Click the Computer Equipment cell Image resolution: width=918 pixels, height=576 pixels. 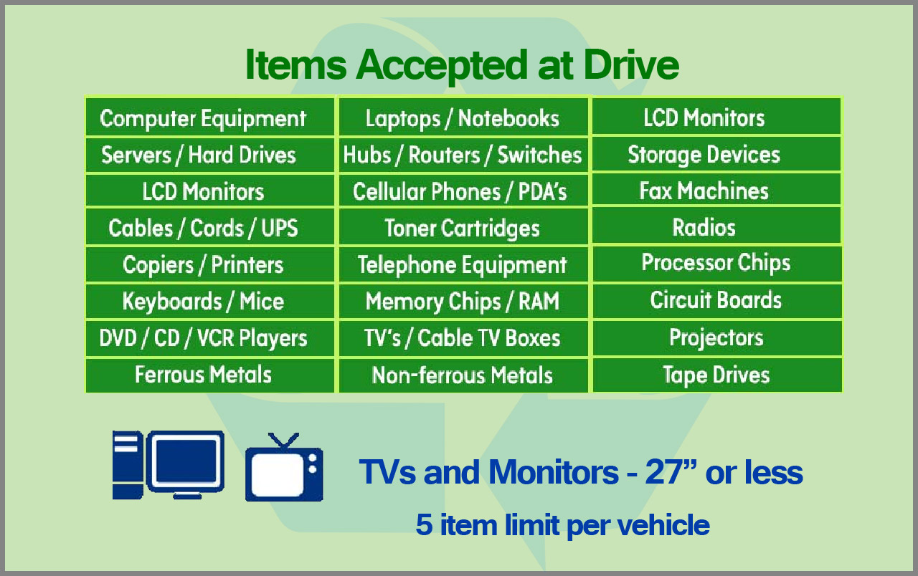pyautogui.click(x=210, y=117)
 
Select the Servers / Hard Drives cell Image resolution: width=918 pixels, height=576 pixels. pyautogui.click(x=210, y=155)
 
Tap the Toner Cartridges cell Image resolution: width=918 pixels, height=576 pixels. pyautogui.click(x=463, y=228)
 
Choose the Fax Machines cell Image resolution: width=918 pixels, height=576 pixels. pyautogui.click(x=716, y=190)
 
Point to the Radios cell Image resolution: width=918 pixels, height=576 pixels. pyautogui.click(x=716, y=226)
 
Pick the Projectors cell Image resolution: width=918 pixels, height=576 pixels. pyautogui.click(x=717, y=337)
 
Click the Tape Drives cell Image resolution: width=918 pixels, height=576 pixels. pyautogui.click(x=717, y=375)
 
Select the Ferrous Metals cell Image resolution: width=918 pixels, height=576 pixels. pyautogui.click(x=210, y=375)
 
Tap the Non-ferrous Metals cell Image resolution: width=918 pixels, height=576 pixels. pyautogui.click(x=463, y=375)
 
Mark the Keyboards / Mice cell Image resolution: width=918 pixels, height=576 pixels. pyautogui.click(x=210, y=301)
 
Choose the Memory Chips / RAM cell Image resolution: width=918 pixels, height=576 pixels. pyautogui.click(x=463, y=301)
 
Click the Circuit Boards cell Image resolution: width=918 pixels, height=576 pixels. pyautogui.click(x=717, y=300)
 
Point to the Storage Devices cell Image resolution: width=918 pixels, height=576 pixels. pyautogui.click(x=716, y=154)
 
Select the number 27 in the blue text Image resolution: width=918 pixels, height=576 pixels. pyautogui.click(x=663, y=471)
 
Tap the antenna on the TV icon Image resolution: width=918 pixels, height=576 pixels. pyautogui.click(x=283, y=441)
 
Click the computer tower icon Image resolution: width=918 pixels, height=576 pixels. pyautogui.click(x=128, y=465)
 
